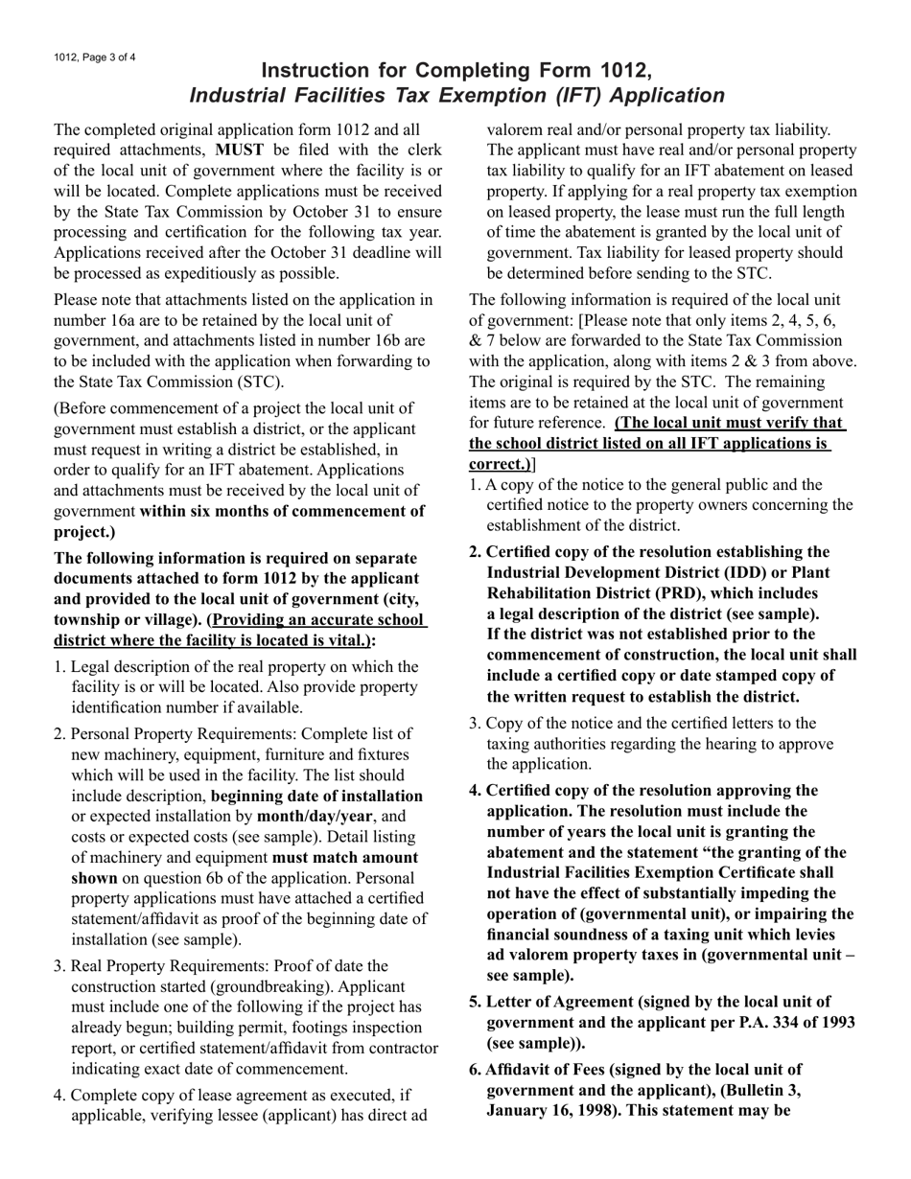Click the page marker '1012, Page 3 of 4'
tap(95, 58)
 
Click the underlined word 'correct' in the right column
tap(498, 464)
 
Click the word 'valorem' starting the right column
tap(518, 129)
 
